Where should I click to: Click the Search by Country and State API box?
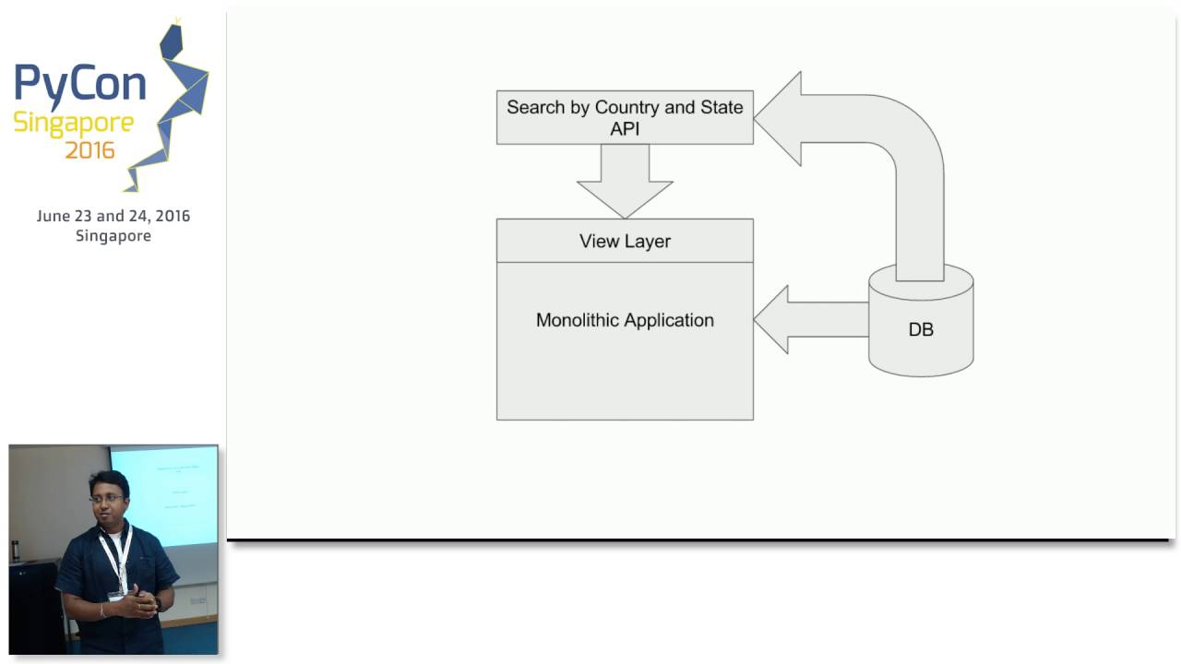pyautogui.click(x=625, y=118)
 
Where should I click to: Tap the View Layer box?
pyautogui.click(x=625, y=242)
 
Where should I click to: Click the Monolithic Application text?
pyautogui.click(x=625, y=321)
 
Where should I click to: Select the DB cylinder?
pyautogui.click(x=921, y=328)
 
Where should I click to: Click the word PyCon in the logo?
pyautogui.click(x=79, y=83)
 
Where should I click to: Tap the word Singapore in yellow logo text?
pyautogui.click(x=73, y=124)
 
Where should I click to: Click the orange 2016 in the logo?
pyautogui.click(x=89, y=150)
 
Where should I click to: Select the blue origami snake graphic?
pyautogui.click(x=175, y=101)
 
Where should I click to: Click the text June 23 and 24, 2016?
pyautogui.click(x=113, y=216)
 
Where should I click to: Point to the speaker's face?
pyautogui.click(x=108, y=499)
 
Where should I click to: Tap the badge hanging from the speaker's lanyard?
pyautogui.click(x=116, y=595)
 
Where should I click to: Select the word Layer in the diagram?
pyautogui.click(x=647, y=242)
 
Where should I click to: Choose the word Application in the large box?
pyautogui.click(x=668, y=321)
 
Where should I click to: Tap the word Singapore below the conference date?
pyautogui.click(x=113, y=236)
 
